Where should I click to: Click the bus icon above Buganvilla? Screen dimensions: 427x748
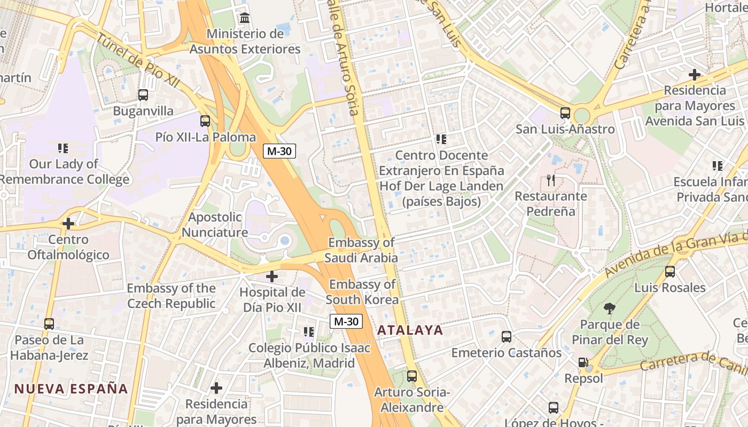(x=143, y=95)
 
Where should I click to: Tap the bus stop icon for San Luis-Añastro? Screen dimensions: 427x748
(x=565, y=113)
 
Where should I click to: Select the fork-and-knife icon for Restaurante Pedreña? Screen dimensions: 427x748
(x=551, y=180)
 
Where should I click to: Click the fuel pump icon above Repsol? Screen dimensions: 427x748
(x=583, y=362)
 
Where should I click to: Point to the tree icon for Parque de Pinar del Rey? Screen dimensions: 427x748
(x=609, y=308)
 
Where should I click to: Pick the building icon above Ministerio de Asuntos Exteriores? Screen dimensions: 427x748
(x=245, y=18)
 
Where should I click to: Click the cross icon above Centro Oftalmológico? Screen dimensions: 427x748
(x=68, y=223)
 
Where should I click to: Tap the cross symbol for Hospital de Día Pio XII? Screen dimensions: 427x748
(x=272, y=276)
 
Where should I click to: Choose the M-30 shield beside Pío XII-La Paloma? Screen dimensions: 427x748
(x=279, y=151)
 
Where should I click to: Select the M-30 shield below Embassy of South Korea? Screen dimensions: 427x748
(x=346, y=321)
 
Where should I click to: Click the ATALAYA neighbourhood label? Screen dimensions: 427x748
(x=410, y=330)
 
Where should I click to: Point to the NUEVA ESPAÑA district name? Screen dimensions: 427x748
(x=71, y=389)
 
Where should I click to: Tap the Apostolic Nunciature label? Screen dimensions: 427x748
(x=215, y=225)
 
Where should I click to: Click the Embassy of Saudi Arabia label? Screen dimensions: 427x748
(x=361, y=250)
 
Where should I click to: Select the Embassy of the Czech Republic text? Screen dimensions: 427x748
(x=171, y=296)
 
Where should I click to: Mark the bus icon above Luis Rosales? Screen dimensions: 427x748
(x=670, y=272)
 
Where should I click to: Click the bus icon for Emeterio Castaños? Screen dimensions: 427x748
(x=507, y=337)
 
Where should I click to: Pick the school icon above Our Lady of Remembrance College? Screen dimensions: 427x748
(x=63, y=148)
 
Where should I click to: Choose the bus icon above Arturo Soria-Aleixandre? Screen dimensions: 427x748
(x=412, y=376)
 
